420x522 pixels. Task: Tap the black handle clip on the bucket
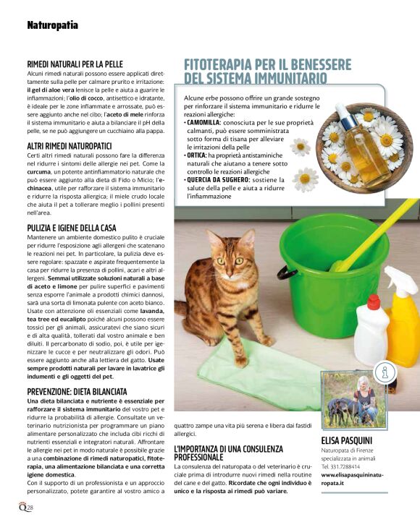coord(285,273)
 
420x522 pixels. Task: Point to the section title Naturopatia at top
coord(52,25)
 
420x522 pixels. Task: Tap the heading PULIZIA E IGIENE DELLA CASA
coord(81,228)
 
